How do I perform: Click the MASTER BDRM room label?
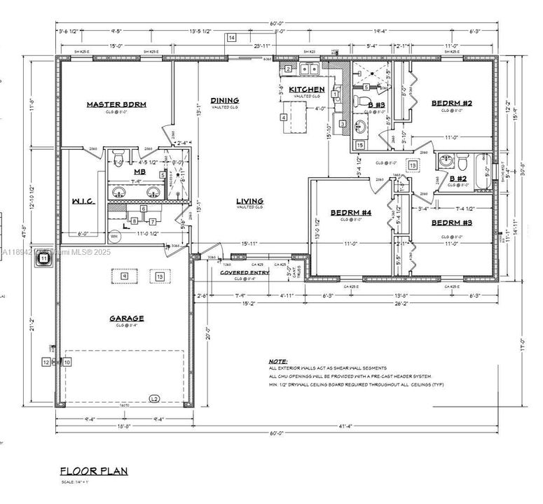click(116, 104)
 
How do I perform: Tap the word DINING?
click(224, 100)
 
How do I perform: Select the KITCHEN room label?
click(307, 90)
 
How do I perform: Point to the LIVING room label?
click(249, 199)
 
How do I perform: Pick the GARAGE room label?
click(126, 318)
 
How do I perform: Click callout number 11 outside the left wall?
click(43, 258)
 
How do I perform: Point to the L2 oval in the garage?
click(154, 398)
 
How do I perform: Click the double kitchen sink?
click(309, 69)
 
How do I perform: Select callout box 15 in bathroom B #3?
click(360, 145)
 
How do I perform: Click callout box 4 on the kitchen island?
click(283, 117)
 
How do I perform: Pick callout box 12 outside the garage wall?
click(46, 362)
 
